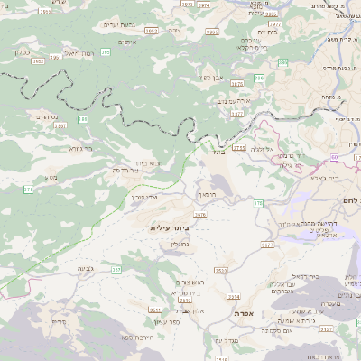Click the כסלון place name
click(x=23, y=52)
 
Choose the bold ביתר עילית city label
click(x=171, y=228)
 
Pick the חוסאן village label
click(x=207, y=194)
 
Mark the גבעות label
click(x=86, y=269)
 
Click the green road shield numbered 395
click(x=106, y=52)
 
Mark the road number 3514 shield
click(x=234, y=296)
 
